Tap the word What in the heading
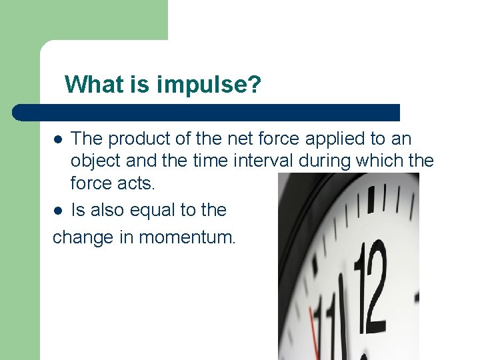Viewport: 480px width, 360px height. [x=93, y=85]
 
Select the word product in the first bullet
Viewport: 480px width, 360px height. [x=139, y=139]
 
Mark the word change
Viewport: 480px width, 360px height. [x=82, y=237]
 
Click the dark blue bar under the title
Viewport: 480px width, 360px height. [x=207, y=112]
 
